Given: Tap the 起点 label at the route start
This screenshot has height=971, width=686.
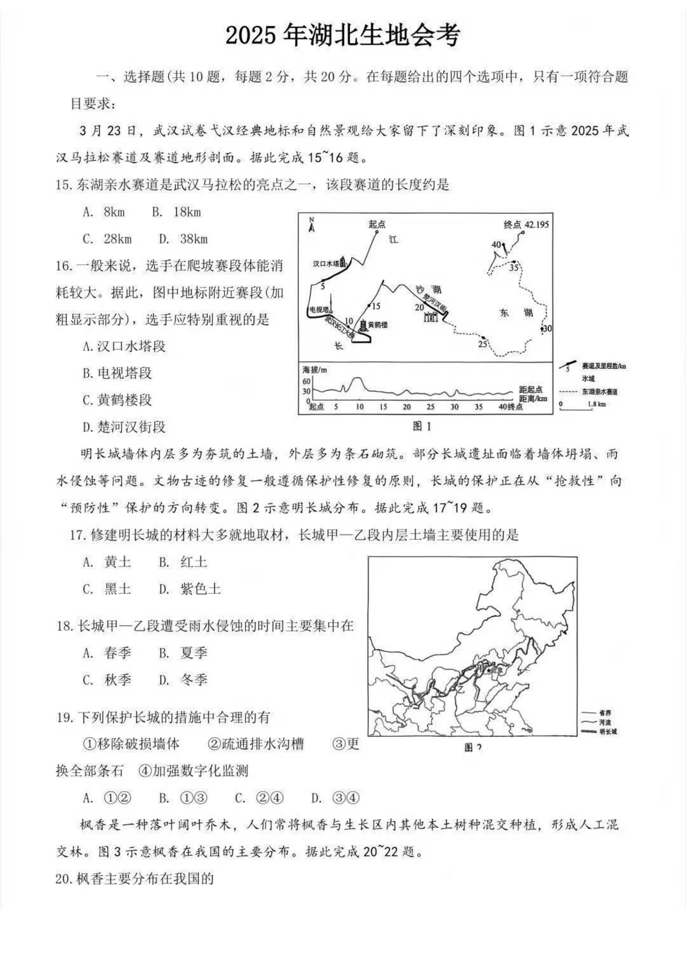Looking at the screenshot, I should [377, 224].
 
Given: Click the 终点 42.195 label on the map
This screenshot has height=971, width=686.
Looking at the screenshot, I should [526, 224].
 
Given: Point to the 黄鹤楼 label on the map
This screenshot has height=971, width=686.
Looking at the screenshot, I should [377, 325].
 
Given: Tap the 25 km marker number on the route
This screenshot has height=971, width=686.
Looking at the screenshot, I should [482, 344].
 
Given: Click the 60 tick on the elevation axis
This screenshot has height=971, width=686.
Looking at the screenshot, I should [306, 381].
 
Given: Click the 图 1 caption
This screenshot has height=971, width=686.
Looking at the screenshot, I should [422, 427].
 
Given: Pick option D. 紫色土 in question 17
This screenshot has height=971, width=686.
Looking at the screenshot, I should [190, 589].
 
